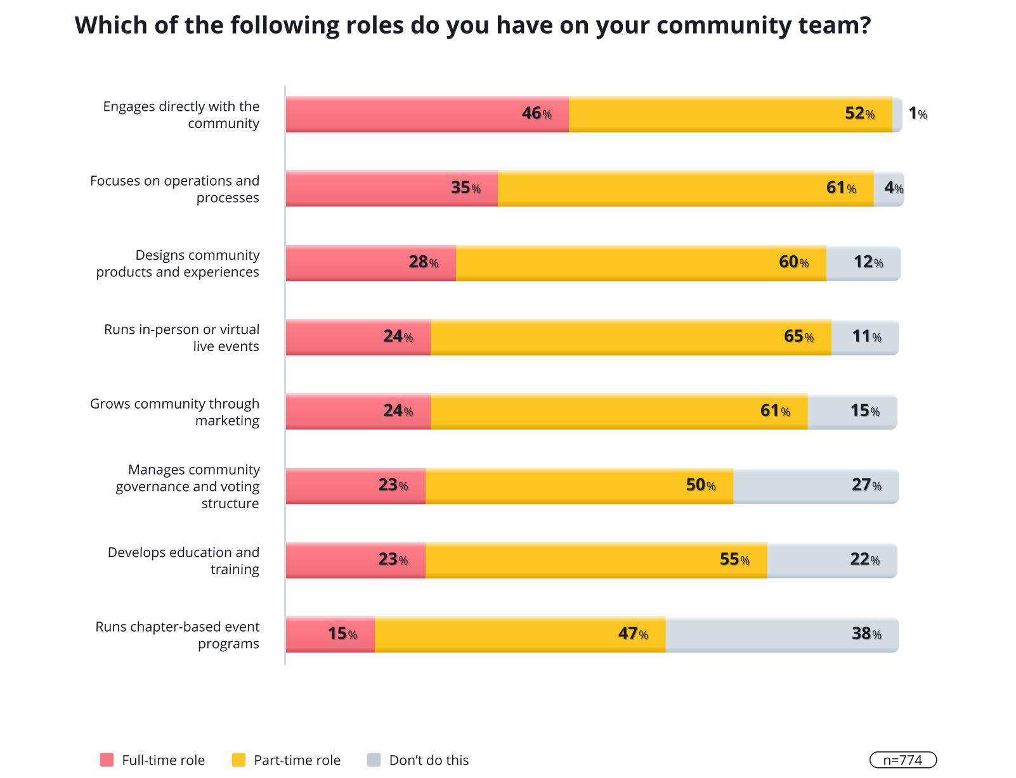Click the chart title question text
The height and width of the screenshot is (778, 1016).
tap(472, 26)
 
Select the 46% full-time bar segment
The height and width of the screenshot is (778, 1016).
tap(427, 115)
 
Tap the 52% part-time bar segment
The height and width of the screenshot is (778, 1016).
tap(730, 115)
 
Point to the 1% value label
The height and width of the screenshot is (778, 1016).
tap(917, 114)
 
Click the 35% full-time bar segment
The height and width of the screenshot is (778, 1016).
tap(391, 189)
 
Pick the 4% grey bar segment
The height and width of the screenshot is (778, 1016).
tap(889, 189)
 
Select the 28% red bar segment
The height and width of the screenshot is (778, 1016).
tap(370, 263)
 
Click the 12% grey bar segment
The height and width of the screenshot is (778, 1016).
tap(863, 263)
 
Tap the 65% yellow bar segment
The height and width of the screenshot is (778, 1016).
tap(630, 337)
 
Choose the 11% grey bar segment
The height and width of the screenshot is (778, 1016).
tap(865, 337)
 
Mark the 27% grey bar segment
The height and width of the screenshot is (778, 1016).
tap(816, 486)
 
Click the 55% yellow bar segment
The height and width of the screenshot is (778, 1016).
tap(596, 560)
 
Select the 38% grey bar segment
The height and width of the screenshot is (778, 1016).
tap(782, 634)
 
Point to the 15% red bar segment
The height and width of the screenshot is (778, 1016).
tap(330, 634)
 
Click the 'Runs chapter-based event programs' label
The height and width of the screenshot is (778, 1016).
tap(178, 635)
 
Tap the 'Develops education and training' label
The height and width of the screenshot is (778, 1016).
tap(183, 561)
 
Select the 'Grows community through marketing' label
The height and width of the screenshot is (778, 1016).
tap(174, 412)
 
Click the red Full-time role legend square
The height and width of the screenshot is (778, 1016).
tap(107, 760)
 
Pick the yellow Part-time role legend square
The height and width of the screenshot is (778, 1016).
tap(238, 760)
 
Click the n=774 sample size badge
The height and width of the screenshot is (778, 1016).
tap(902, 760)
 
